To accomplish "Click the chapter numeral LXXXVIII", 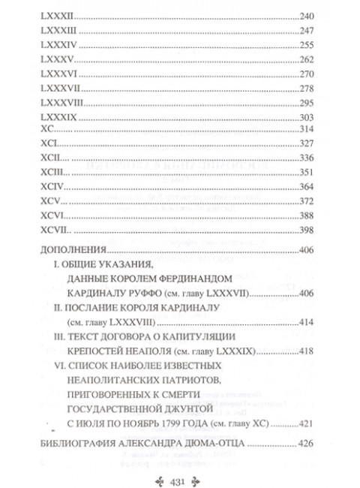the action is point(62,104).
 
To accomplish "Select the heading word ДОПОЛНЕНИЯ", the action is point(78,252).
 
